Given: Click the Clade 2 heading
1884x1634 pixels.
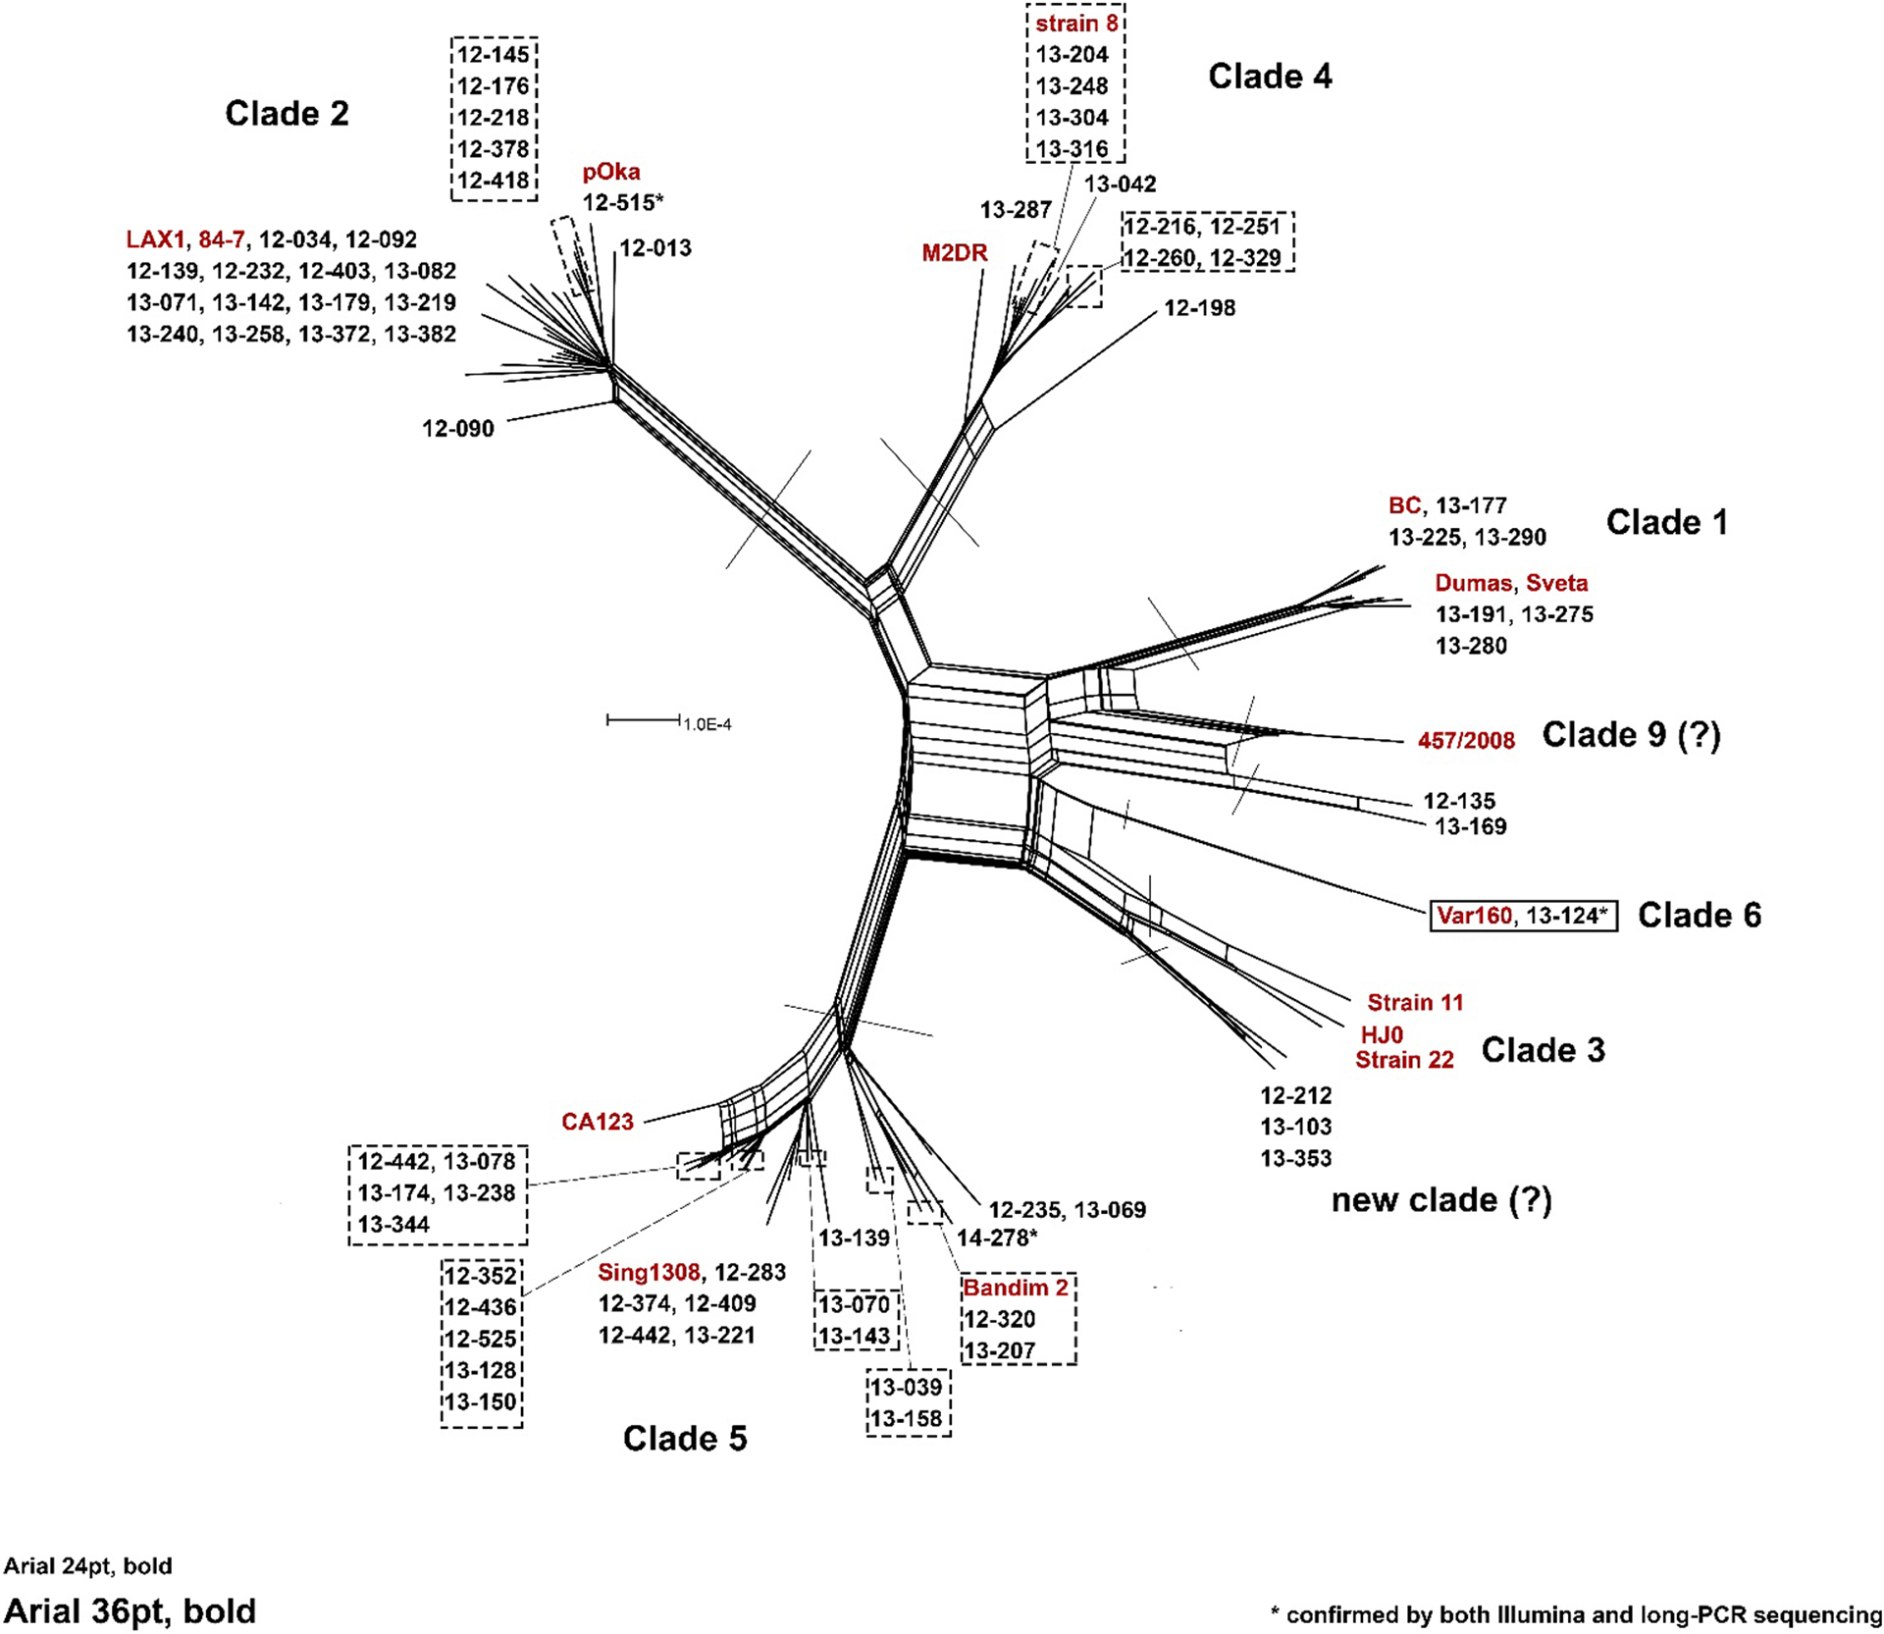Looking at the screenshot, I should pos(287,114).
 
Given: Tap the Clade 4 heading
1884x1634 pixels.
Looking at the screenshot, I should pos(1270,77).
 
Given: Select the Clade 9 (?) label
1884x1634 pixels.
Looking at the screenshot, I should pos(1631,735).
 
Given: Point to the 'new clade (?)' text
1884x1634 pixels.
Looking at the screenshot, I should pos(1441,1200).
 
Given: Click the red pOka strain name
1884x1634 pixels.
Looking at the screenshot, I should pos(611,172).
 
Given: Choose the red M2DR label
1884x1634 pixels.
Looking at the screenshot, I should pos(954,253).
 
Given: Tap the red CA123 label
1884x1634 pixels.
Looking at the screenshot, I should pos(598,1122).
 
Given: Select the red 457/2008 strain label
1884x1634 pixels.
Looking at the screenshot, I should pos(1466,741).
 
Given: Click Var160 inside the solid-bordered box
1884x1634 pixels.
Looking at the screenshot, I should pos(1474,916).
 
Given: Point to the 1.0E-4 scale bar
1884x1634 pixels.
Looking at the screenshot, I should pos(644,721).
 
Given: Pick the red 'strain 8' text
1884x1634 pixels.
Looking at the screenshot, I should pos(1076,24).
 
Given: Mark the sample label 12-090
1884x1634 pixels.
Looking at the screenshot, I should pos(458,429).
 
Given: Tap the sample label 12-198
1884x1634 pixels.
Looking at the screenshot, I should pos(1199,308).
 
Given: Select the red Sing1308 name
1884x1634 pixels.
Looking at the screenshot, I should pos(649,1273).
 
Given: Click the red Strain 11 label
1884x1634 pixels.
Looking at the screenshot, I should pos(1415,1003).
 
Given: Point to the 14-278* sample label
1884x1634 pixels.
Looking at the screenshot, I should pos(997,1239).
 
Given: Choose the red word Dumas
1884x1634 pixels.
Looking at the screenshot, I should pos(1473,583).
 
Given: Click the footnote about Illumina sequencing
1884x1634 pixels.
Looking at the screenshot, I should pos(1576,1614).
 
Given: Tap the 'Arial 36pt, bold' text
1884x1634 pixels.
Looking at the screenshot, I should pos(130,1611).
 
